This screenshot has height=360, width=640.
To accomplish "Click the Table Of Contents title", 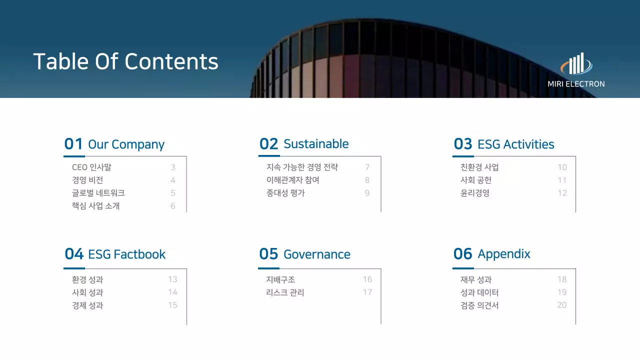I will (x=125, y=61).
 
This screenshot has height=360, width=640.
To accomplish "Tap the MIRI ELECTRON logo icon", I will (x=576, y=64).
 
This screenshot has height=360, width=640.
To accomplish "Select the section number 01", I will (x=73, y=144).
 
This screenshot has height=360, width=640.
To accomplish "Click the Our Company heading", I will (x=126, y=144).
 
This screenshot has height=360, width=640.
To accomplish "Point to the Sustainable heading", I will (x=316, y=144).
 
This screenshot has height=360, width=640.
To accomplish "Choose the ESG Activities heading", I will (x=515, y=144).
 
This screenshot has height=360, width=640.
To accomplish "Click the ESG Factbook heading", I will (x=126, y=254).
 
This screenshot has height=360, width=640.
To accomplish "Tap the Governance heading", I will (x=316, y=254).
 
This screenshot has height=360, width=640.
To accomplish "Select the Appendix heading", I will (x=503, y=254).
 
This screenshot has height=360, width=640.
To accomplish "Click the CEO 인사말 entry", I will (x=91, y=167).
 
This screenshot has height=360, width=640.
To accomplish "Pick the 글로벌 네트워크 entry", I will (x=98, y=193).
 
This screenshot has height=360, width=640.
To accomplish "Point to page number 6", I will (x=173, y=206).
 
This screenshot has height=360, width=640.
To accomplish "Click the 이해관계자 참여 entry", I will (x=292, y=180).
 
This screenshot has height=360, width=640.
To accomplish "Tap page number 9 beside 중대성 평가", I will (x=367, y=193).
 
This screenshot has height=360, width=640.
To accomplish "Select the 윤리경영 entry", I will (x=474, y=193).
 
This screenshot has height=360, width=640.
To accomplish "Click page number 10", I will (x=562, y=167).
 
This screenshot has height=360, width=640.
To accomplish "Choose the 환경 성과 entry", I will (x=87, y=279).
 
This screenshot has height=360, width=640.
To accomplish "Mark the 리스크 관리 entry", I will (x=285, y=292).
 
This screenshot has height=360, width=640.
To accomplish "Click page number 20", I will (x=562, y=305).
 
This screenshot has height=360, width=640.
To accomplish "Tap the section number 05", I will (x=268, y=254).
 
